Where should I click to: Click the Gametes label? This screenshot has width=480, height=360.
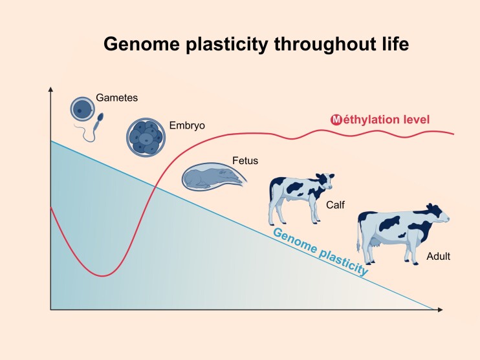coord(117,98)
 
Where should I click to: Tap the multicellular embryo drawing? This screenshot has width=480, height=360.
coord(146,137)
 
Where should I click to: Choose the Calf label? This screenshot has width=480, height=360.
coord(335,205)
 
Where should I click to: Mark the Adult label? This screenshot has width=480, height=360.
coord(438,257)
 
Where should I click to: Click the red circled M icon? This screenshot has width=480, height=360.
coord(336,120)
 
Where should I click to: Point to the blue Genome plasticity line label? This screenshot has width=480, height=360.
coord(321,251)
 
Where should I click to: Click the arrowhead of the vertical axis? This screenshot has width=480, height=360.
coord(50,90)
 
